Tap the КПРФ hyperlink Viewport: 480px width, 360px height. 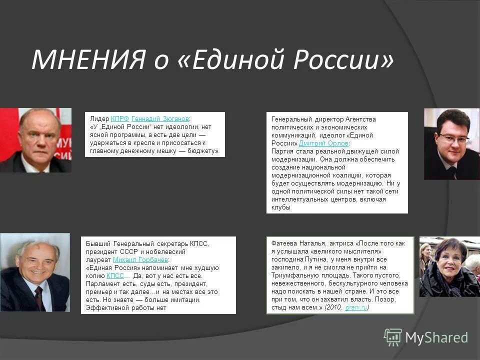[x=119, y=118]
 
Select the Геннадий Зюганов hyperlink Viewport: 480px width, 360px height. [x=160, y=118]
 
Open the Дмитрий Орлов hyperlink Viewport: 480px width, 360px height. [x=323, y=143]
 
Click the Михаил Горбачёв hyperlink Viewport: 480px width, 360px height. [x=140, y=260]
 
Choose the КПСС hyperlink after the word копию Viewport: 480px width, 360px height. [x=115, y=276]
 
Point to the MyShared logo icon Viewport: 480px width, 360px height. [x=392, y=337]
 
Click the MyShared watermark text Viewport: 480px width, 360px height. [x=436, y=337]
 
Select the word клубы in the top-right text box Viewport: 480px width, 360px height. [x=280, y=207]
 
